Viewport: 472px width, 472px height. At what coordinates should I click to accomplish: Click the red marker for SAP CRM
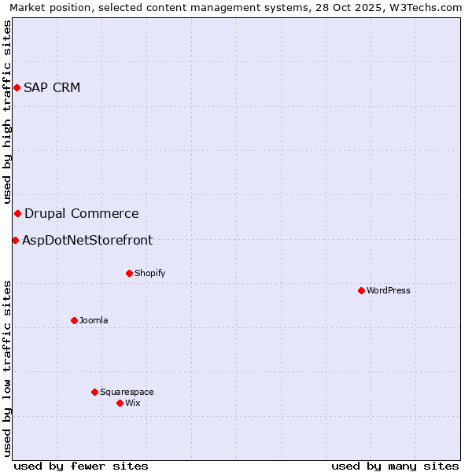coord(17,87)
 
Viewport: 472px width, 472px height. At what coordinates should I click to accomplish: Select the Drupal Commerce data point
coord(17,213)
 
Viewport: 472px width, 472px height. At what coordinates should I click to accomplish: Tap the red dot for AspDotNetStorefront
coord(15,240)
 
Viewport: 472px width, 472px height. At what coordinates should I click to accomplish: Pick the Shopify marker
coord(129,273)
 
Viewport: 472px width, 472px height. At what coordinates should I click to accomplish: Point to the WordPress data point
coord(361,290)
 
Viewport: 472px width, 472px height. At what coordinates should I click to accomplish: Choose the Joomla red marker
coord(74,320)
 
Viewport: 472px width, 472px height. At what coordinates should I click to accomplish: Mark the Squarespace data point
coord(94,392)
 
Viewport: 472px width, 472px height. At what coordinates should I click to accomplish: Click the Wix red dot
coord(120,403)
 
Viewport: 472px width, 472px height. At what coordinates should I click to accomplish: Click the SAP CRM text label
coord(52,87)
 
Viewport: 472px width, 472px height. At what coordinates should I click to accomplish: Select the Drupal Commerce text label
coord(82,213)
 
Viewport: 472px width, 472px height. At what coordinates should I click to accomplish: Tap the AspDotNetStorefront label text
coord(87,240)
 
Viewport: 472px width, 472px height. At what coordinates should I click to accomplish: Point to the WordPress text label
coord(389,290)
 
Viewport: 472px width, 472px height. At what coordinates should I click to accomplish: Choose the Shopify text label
coord(149,273)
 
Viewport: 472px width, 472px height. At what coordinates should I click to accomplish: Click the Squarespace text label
coord(127,392)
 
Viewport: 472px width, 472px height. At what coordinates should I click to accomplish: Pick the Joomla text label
coord(94,320)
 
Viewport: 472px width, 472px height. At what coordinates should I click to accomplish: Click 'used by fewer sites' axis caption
coord(81,466)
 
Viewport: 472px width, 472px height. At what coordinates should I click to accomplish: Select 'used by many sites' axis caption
coord(395,466)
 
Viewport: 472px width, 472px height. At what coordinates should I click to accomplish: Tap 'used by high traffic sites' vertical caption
coord(7,112)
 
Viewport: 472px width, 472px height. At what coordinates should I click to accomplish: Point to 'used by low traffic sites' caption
coord(7,368)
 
